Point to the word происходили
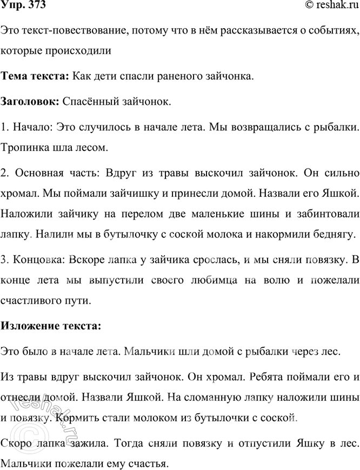point(81,51)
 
